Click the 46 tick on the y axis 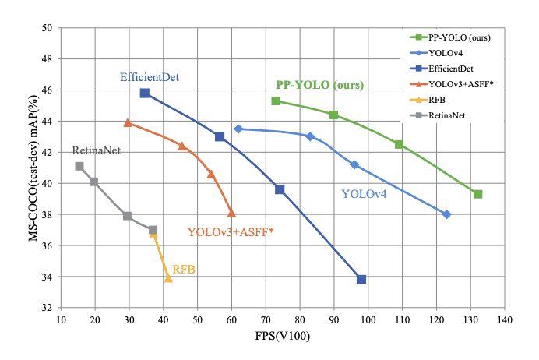46,90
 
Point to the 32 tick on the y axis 46,309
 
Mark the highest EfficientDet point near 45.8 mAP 145,93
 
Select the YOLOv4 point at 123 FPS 447,214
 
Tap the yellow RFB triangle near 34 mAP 168,278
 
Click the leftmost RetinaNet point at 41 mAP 79,166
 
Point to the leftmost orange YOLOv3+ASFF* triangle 128,122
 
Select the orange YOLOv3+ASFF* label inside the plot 231,231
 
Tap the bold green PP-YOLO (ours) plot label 320,84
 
